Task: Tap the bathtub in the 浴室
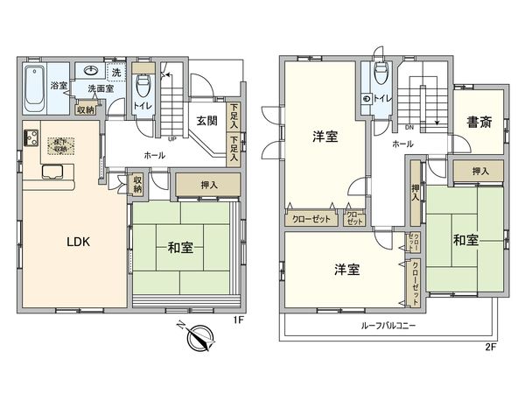[x=34, y=87]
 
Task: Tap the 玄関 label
[x=206, y=121]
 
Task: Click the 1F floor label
[x=237, y=320]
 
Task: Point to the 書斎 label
[x=479, y=122]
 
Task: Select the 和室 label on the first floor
[x=180, y=249]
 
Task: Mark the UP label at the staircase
[x=172, y=138]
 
